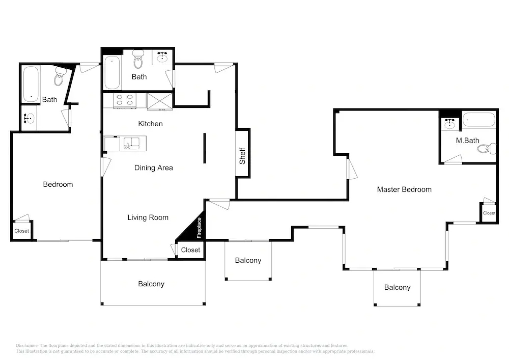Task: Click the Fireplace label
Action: pyautogui.click(x=199, y=228)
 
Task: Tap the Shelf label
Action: pyautogui.click(x=242, y=156)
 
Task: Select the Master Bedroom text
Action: pyautogui.click(x=404, y=189)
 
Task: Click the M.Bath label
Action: pyautogui.click(x=467, y=140)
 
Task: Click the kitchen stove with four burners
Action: pyautogui.click(x=125, y=100)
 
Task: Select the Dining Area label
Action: pyautogui.click(x=154, y=168)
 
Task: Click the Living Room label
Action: pyautogui.click(x=148, y=217)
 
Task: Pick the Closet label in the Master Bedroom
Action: pyautogui.click(x=489, y=213)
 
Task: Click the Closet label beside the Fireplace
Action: pyautogui.click(x=191, y=250)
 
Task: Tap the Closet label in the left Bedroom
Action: pyautogui.click(x=22, y=231)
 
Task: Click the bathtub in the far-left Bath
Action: pyautogui.click(x=31, y=85)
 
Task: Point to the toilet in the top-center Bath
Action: pyautogui.click(x=138, y=59)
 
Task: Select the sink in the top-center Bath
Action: pyautogui.click(x=162, y=57)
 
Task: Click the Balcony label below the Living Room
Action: pyautogui.click(x=151, y=284)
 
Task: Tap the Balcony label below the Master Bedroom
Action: pyautogui.click(x=397, y=287)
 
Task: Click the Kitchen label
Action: pyautogui.click(x=150, y=124)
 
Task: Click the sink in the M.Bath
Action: pyautogui.click(x=450, y=124)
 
